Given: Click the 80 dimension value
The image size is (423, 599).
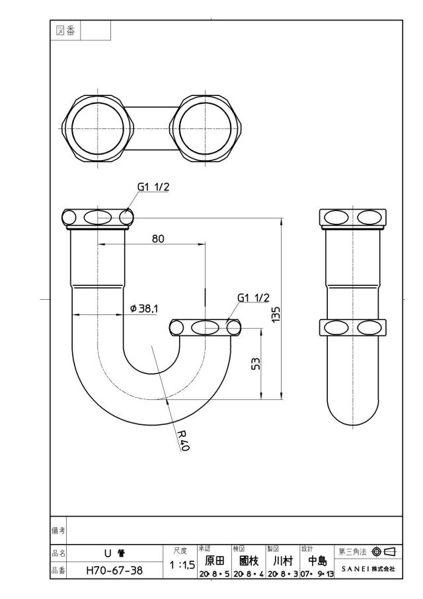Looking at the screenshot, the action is (x=158, y=239).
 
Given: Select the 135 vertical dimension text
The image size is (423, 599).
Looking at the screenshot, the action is (x=276, y=314).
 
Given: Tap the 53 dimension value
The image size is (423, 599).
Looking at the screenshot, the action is (x=256, y=363).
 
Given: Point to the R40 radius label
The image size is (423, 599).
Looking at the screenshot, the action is (x=184, y=440).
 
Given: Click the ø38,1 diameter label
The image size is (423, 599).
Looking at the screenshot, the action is (x=144, y=308).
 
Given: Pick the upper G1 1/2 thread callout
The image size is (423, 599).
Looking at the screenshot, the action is (x=153, y=187).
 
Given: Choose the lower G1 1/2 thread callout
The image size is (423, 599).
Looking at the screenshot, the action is (x=253, y=298).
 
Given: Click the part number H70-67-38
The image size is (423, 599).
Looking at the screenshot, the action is (x=114, y=571).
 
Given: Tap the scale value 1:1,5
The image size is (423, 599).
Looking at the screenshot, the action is (x=182, y=565).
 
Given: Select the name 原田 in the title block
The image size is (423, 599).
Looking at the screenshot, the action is (x=215, y=561).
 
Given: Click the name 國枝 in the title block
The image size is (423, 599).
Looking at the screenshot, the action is (x=249, y=561).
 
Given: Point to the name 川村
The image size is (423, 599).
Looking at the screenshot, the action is (x=283, y=561).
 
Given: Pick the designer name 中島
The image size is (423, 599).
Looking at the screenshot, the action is (x=317, y=561).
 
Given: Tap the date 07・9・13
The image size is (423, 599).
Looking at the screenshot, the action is (x=317, y=574).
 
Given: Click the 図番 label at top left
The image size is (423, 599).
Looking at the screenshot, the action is (x=65, y=30).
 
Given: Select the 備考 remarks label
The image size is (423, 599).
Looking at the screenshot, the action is (x=58, y=530).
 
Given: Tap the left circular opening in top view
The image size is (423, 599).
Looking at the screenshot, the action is (x=98, y=129).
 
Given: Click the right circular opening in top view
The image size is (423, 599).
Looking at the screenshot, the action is (x=206, y=129).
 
